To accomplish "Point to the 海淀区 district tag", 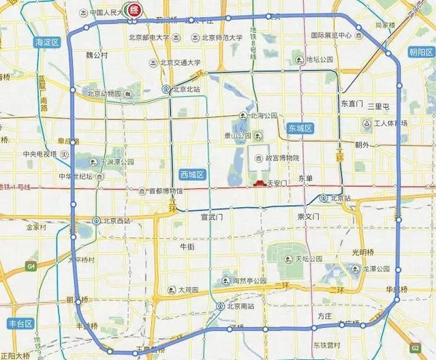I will tap(48, 42).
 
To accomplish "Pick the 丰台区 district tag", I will tap(15, 323).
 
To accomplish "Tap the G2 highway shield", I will tap(415, 347).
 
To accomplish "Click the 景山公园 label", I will tap(248, 136).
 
